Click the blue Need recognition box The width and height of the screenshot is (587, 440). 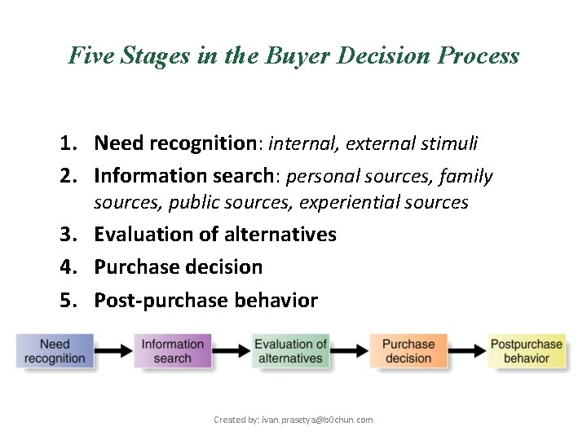pos(55,351)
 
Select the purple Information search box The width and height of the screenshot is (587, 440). pos(172,351)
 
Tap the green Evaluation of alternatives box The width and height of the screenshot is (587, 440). pos(291,351)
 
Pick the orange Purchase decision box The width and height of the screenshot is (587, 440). pos(408,351)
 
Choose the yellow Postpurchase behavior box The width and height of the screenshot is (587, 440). pos(526,351)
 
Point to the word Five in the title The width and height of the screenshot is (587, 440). pos(90,55)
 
